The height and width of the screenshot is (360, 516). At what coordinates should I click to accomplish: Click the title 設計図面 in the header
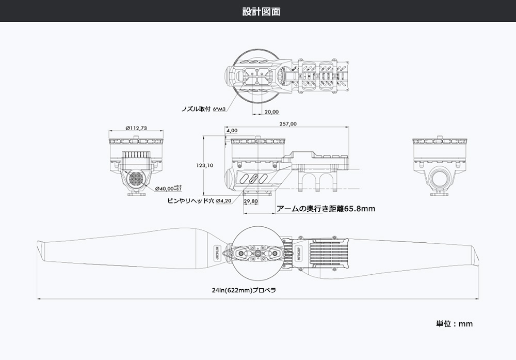coord(261,11)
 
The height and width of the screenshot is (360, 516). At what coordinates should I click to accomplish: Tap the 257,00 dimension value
coord(287,124)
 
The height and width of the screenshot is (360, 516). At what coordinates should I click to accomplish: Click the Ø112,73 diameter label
coord(136,128)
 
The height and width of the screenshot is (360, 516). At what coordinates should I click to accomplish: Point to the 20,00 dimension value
coord(271,112)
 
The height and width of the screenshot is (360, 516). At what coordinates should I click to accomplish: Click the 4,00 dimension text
coord(232,131)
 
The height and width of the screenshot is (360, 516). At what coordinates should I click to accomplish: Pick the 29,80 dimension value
coord(251,201)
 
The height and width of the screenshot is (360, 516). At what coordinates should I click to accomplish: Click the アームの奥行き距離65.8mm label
coord(326,209)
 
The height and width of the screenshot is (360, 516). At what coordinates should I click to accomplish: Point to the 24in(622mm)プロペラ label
coord(244,290)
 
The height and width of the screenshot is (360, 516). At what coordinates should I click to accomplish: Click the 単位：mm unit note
coord(454,324)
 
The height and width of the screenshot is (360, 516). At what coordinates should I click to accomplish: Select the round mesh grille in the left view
coord(136,179)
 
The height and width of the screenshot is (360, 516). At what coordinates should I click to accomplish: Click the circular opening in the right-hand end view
coord(441,177)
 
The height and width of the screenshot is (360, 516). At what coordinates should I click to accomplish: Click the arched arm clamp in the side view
coord(316,181)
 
